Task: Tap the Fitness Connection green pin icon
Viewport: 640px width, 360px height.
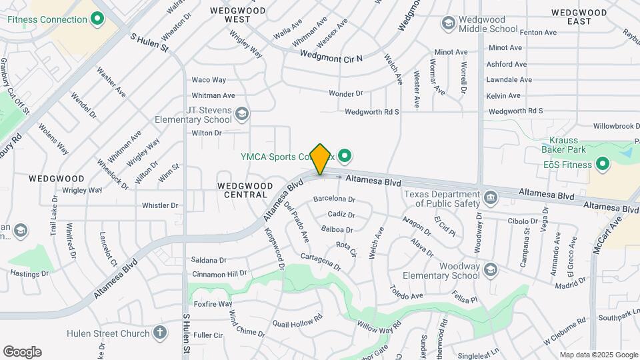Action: point(98,19)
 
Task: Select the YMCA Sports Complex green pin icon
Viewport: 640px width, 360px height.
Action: point(344,157)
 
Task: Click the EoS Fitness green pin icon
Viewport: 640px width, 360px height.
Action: point(603,164)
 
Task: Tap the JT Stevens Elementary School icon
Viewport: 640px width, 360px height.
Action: point(242,115)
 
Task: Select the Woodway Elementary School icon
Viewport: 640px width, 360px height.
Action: point(491,269)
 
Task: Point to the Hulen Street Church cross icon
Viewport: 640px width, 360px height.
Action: point(159,332)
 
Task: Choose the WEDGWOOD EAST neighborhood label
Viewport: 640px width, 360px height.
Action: point(579,17)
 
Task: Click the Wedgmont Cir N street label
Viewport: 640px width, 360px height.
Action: point(331,57)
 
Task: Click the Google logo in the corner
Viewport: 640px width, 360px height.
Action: point(22,352)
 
